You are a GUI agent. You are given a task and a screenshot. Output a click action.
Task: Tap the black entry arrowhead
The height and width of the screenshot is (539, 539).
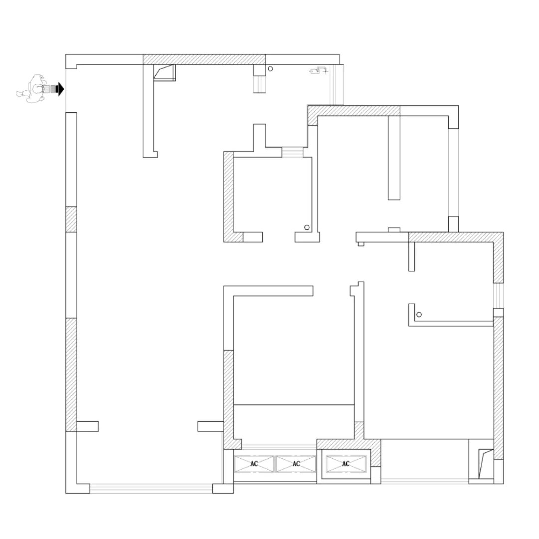(60, 89)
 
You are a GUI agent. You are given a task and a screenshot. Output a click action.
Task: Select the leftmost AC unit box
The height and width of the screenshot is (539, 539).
(255, 464)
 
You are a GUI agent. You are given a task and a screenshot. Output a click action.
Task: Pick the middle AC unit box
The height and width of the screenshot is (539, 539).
(296, 464)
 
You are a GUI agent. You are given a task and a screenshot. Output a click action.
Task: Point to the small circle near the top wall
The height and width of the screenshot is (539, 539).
(270, 69)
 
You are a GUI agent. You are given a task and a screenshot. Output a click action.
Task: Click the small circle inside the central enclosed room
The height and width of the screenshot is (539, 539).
(306, 228)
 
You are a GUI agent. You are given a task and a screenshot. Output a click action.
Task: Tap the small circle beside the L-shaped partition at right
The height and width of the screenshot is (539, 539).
(419, 314)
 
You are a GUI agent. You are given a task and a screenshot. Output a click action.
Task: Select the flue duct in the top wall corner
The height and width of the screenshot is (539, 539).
(165, 73)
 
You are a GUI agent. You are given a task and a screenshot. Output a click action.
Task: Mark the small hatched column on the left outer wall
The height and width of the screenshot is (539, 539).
(71, 219)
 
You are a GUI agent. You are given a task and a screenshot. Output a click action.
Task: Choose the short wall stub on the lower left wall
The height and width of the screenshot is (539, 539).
(87, 426)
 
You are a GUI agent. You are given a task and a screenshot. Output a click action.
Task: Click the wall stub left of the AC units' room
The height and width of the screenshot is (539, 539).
(210, 426)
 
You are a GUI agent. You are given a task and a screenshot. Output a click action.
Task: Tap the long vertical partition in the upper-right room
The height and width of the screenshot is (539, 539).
(394, 157)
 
